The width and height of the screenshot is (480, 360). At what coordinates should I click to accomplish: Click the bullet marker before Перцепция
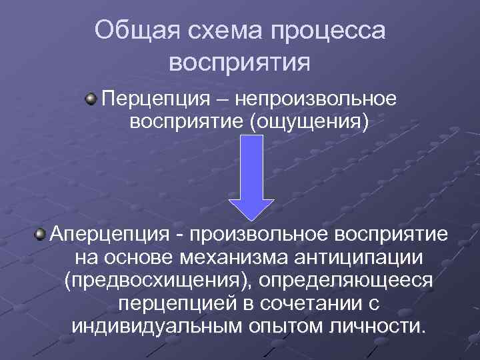[89, 100]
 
